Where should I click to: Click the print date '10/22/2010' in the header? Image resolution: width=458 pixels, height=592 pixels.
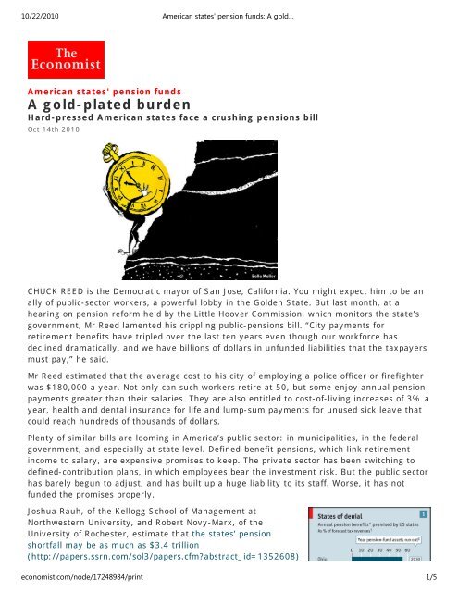point(30,11)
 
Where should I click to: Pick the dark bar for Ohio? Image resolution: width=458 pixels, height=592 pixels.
point(377,559)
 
